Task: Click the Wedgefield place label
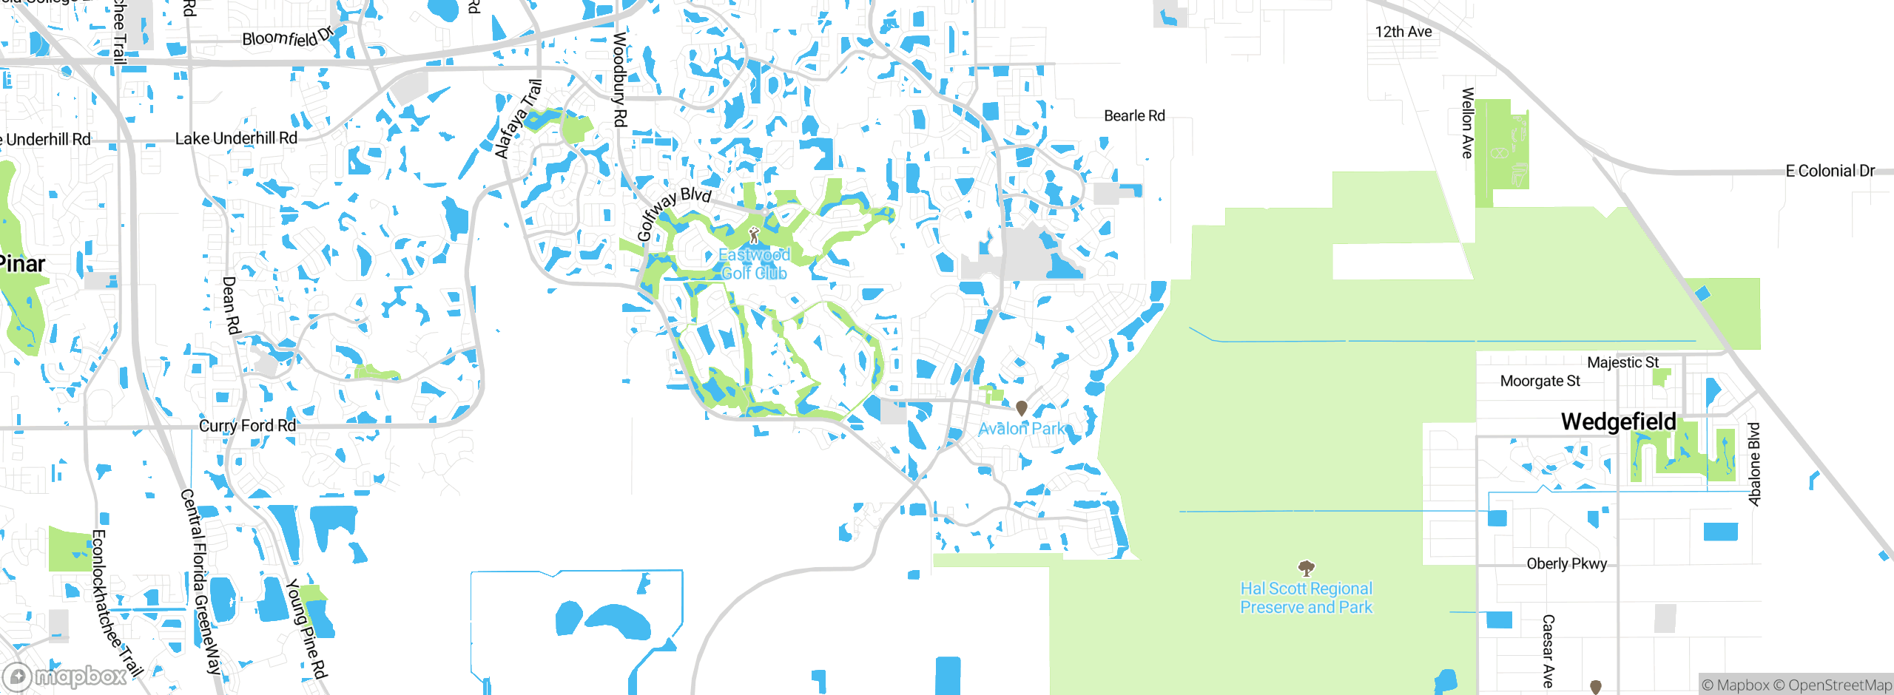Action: pyautogui.click(x=1618, y=421)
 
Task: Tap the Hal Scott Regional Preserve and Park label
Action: pyautogui.click(x=1306, y=598)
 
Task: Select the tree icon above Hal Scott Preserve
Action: pyautogui.click(x=1307, y=568)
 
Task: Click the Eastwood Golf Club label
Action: pyautogui.click(x=754, y=264)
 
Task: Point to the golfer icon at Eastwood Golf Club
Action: pyautogui.click(x=754, y=236)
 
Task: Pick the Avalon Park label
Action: pyautogui.click(x=1021, y=429)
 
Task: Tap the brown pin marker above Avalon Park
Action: pyautogui.click(x=1022, y=407)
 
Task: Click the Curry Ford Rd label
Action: pyautogui.click(x=247, y=426)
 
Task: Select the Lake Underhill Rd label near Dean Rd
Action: pyautogui.click(x=236, y=138)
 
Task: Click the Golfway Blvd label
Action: pyautogui.click(x=673, y=213)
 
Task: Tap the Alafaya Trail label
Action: pyautogui.click(x=519, y=119)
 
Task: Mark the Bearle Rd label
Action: pyautogui.click(x=1134, y=116)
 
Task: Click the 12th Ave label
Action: pyautogui.click(x=1403, y=32)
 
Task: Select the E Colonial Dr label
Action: pyautogui.click(x=1830, y=171)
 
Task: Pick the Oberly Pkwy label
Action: pyautogui.click(x=1566, y=563)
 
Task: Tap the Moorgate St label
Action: pyautogui.click(x=1540, y=381)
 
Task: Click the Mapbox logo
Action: pyautogui.click(x=65, y=677)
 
